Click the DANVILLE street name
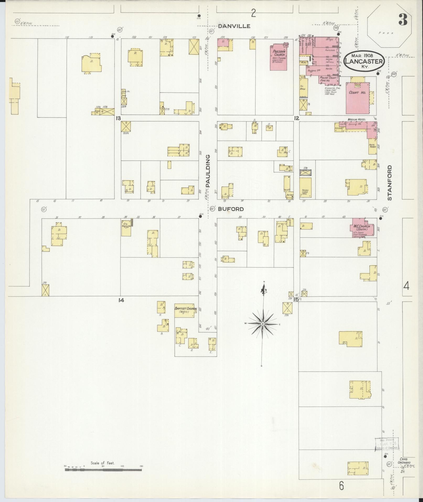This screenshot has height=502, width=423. click(x=234, y=26)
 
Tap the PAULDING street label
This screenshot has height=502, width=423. click(x=208, y=171)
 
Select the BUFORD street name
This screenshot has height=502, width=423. click(x=231, y=209)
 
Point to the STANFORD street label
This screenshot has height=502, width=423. click(x=389, y=183)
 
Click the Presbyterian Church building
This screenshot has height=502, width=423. click(x=278, y=57)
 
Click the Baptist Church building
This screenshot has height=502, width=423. click(x=185, y=310)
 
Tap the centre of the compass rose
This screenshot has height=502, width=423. click(x=263, y=324)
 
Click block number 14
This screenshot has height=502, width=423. click(x=121, y=300)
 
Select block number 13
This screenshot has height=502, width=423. click(x=118, y=118)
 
